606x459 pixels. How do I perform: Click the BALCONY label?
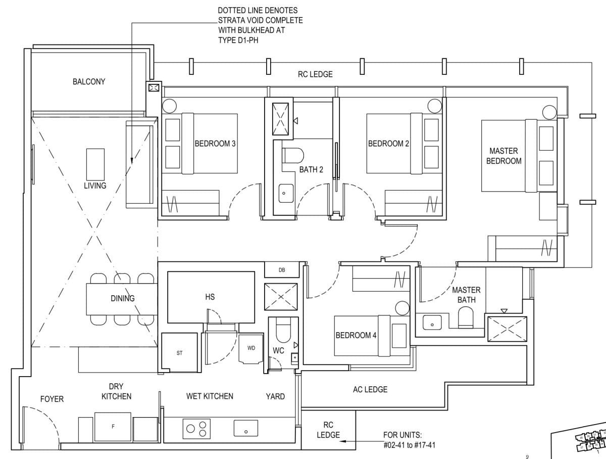[89, 81]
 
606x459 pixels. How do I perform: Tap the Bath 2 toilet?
[292, 156]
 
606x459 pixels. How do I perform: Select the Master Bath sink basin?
[432, 322]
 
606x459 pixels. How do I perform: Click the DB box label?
[282, 270]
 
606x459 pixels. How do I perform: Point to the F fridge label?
[113, 426]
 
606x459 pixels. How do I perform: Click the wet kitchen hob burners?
[196, 429]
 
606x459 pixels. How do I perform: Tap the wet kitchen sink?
[246, 428]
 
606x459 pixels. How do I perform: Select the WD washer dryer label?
[251, 348]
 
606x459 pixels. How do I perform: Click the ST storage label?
[179, 353]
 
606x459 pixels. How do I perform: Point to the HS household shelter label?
[210, 297]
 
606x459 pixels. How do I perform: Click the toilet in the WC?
[283, 331]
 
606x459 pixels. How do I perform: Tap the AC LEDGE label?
[370, 389]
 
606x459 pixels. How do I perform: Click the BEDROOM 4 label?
[356, 335]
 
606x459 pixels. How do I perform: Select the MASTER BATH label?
[466, 295]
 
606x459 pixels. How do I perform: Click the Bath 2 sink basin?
[286, 193]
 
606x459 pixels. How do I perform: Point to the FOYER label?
[52, 399]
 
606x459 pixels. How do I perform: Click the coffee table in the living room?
[95, 164]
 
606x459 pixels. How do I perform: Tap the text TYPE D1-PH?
[238, 40]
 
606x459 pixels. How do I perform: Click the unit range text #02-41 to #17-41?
[410, 445]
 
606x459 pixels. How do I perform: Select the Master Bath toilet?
[466, 317]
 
